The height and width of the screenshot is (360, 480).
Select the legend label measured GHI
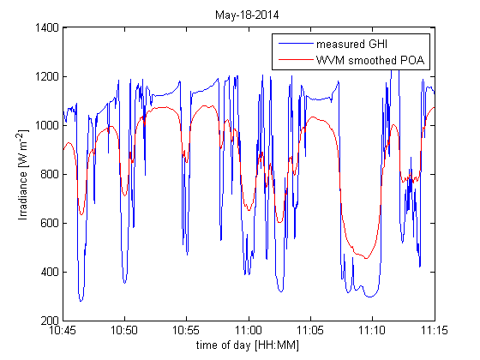click(x=351, y=44)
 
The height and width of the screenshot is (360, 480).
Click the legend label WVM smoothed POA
click(x=371, y=59)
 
